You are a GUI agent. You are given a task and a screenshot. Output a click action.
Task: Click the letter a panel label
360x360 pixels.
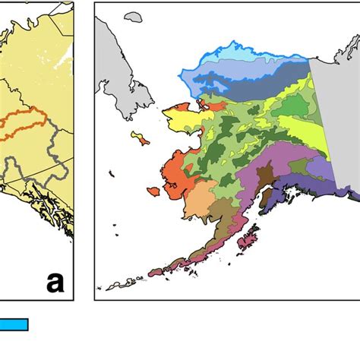click(55, 283)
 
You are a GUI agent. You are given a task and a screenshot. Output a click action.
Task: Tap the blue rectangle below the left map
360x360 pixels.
click(14, 325)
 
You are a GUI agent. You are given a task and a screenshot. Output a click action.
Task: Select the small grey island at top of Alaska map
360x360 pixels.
click(134, 16)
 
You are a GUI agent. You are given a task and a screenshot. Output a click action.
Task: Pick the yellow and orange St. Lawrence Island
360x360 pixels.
click(140, 138)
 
